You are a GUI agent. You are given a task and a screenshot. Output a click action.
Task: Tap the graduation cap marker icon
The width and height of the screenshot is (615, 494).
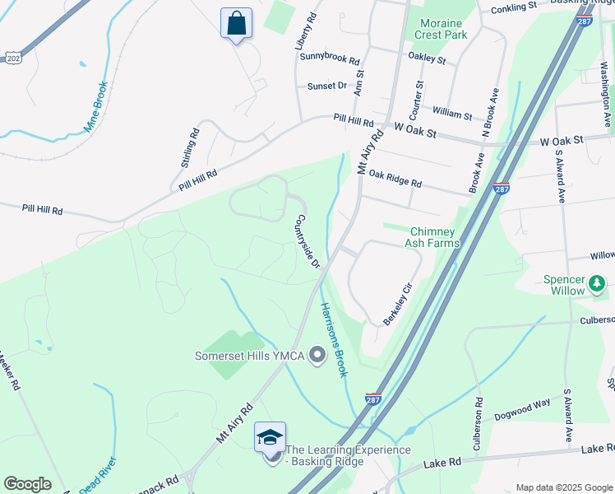coord(271,437)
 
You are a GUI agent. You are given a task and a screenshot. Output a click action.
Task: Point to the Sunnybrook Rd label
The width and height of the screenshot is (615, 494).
coord(330,59)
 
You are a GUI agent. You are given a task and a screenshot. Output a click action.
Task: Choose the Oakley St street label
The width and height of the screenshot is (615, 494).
coord(427,58)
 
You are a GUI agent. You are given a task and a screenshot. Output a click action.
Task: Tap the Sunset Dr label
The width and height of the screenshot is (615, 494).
coord(327,86)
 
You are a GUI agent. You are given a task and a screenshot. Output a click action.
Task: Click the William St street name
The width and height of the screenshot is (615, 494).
coord(452,114)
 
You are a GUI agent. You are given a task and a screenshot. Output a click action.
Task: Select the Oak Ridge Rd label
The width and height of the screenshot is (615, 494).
coord(395,177)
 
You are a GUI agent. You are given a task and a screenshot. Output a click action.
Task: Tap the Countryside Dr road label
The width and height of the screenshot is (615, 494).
coord(307,242)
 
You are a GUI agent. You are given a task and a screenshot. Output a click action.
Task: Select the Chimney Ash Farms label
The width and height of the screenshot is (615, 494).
coord(432,237)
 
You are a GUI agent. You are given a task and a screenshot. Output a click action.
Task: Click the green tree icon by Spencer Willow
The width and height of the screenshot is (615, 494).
coord(597,285)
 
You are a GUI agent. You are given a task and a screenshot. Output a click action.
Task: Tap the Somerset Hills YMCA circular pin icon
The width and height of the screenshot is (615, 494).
coord(317,356)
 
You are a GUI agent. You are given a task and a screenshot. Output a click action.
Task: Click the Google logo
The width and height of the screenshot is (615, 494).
coord(27,484)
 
